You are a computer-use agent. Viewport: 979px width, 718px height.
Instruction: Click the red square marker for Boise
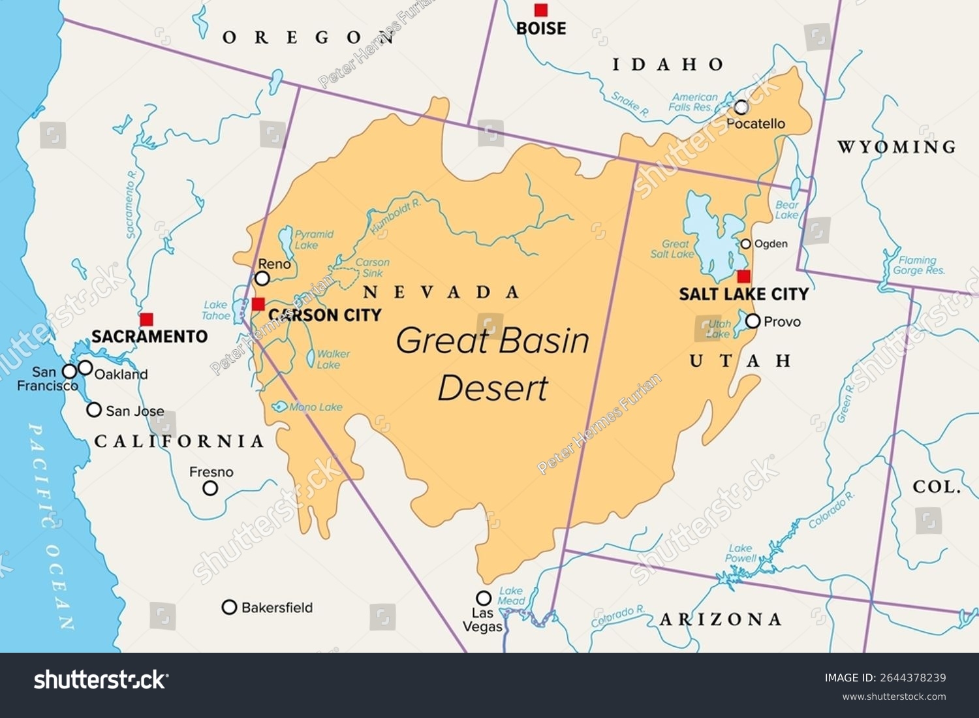click(540, 10)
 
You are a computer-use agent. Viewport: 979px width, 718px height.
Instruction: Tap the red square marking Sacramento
click(147, 319)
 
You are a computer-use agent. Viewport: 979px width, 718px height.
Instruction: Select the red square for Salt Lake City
click(743, 276)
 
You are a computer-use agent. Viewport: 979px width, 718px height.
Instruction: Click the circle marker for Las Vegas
click(483, 598)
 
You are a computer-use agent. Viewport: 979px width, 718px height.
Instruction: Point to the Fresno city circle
click(210, 488)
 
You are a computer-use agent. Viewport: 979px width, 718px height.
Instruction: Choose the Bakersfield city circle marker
click(229, 607)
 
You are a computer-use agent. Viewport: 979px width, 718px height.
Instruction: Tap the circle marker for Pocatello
click(741, 107)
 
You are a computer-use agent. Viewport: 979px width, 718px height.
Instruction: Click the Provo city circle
click(753, 321)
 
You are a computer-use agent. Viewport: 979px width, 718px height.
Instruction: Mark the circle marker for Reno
click(262, 279)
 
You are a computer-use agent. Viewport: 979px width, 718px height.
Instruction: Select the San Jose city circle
click(94, 410)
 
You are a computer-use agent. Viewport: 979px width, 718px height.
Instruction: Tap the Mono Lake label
click(315, 407)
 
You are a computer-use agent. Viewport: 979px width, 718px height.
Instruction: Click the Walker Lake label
click(333, 359)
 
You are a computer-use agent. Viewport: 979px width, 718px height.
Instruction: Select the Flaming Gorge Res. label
click(918, 265)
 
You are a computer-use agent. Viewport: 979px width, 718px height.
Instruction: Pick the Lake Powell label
click(741, 554)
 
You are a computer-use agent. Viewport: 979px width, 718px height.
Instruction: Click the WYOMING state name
click(897, 147)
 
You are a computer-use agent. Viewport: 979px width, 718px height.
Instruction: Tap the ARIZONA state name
click(721, 619)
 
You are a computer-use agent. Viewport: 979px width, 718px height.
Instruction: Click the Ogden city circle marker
click(746, 244)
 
